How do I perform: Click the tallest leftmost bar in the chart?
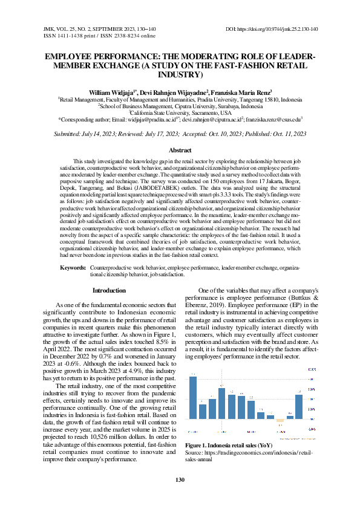(193, 397)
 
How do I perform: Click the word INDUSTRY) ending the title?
(180, 74)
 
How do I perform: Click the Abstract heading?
(180, 149)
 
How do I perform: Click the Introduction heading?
(109, 291)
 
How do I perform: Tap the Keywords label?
(73, 266)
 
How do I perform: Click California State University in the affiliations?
(180, 112)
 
